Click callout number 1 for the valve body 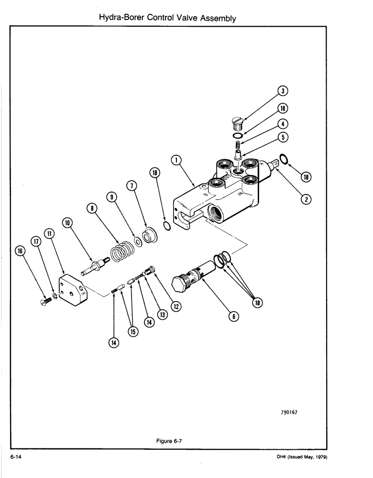176,160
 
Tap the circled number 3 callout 284,91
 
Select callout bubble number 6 235,315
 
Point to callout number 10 66,222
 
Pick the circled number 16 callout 21,251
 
